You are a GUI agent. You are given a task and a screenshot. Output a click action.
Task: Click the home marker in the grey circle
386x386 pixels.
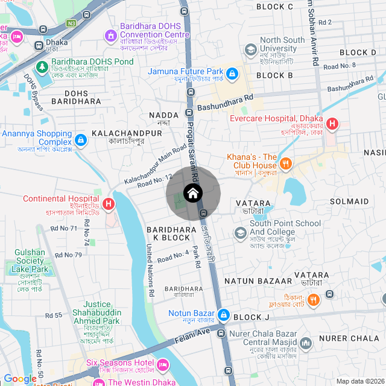[193, 194]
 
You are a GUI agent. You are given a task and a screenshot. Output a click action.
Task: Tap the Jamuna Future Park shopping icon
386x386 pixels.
[232, 74]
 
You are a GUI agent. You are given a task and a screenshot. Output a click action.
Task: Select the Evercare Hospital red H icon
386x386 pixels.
[332, 126]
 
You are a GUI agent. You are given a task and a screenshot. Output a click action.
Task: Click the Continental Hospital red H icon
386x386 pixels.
[109, 204]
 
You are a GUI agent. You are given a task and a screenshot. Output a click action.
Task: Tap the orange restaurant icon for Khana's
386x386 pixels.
[286, 163]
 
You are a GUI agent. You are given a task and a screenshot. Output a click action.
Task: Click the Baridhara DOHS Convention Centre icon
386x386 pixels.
[110, 37]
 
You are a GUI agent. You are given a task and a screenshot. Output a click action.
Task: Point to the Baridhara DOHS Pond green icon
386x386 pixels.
[42, 66]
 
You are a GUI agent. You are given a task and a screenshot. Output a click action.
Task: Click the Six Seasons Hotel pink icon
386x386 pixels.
[162, 364]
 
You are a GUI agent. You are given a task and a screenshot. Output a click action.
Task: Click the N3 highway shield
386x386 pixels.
[72, 23]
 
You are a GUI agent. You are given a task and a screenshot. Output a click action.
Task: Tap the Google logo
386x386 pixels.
[19, 379]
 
